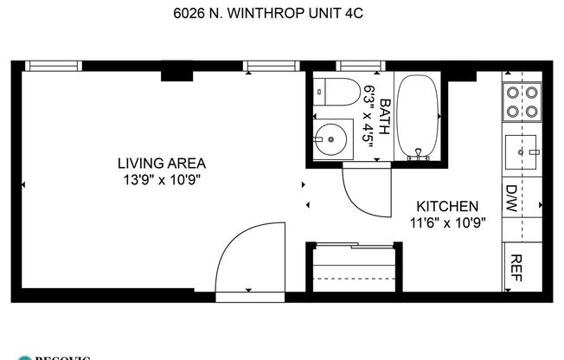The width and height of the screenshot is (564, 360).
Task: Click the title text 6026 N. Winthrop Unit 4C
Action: [282, 13]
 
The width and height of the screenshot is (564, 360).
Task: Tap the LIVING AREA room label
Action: [162, 163]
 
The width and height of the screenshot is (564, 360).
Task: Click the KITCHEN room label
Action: [447, 207]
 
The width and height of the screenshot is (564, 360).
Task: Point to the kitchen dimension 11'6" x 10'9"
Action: [447, 222]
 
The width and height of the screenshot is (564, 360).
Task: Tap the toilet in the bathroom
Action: [332, 92]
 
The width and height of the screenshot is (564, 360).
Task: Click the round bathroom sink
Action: [329, 137]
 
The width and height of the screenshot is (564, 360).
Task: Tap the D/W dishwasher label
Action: [511, 192]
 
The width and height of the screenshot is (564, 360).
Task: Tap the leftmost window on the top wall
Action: [53, 65]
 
